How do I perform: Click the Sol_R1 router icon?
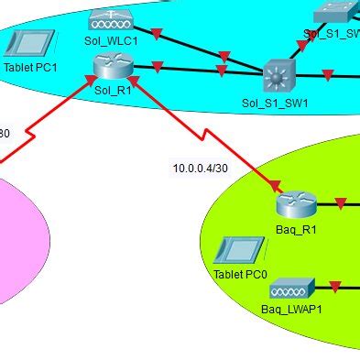(114, 67)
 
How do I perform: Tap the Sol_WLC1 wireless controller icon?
(112, 18)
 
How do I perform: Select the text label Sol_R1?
(114, 90)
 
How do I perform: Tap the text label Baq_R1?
(295, 227)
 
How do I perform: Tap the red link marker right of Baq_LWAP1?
(335, 287)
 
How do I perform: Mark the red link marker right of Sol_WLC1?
(158, 34)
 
